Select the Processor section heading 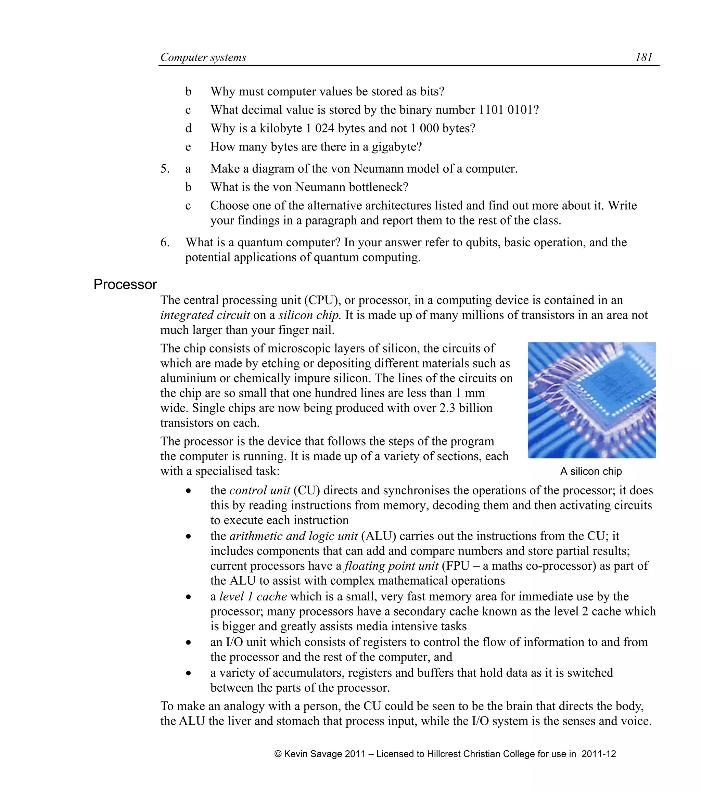pos(125,284)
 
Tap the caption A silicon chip pos(591,471)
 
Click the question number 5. pos(165,169)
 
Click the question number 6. pos(165,242)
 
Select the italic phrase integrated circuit pos(205,315)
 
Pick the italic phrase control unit pos(260,490)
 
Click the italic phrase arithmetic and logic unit pos(293,536)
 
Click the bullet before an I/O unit pos(188,643)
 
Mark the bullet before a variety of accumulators pos(188,673)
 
